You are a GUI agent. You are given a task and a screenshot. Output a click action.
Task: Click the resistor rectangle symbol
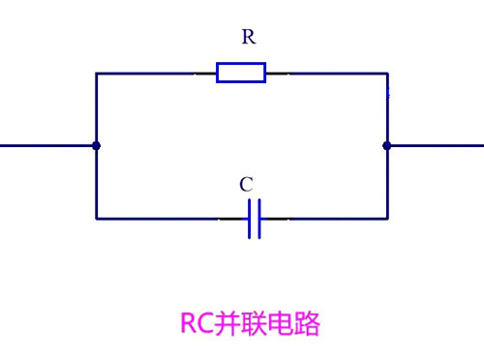click(x=241, y=73)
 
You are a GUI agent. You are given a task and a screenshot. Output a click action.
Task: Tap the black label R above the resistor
click(x=248, y=39)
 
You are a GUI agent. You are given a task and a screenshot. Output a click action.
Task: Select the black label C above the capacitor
click(x=247, y=183)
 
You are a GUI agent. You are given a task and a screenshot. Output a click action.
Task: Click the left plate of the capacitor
click(x=250, y=219)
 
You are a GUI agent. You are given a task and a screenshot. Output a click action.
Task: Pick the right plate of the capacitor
click(x=258, y=219)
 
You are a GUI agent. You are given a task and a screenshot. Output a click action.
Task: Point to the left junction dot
click(x=96, y=146)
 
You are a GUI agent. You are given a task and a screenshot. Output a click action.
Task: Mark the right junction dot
click(x=387, y=146)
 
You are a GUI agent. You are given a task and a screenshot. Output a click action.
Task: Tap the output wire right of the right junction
click(x=436, y=146)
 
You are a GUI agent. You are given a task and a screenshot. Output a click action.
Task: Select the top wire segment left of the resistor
click(x=155, y=73)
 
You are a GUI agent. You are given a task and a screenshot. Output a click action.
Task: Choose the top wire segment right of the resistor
click(x=329, y=73)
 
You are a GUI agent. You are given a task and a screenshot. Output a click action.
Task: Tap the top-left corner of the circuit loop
click(x=96, y=73)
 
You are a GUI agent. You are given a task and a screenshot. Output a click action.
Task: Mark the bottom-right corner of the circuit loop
click(x=387, y=219)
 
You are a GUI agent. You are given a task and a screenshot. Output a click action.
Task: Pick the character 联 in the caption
click(x=254, y=324)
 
